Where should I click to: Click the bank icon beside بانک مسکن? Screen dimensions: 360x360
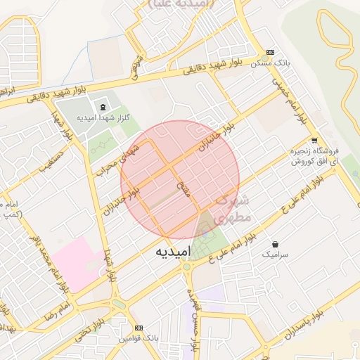pyautogui.click(x=270, y=53)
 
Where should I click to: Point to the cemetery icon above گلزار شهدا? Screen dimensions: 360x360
pyautogui.click(x=103, y=107)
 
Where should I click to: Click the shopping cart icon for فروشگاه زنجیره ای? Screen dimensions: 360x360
pyautogui.click(x=314, y=139)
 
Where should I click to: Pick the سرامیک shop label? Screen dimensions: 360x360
pyautogui.click(x=275, y=254)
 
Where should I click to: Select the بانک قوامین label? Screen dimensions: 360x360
pyautogui.click(x=138, y=339)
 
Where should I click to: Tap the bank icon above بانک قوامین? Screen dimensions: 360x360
pyautogui.click(x=139, y=328)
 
